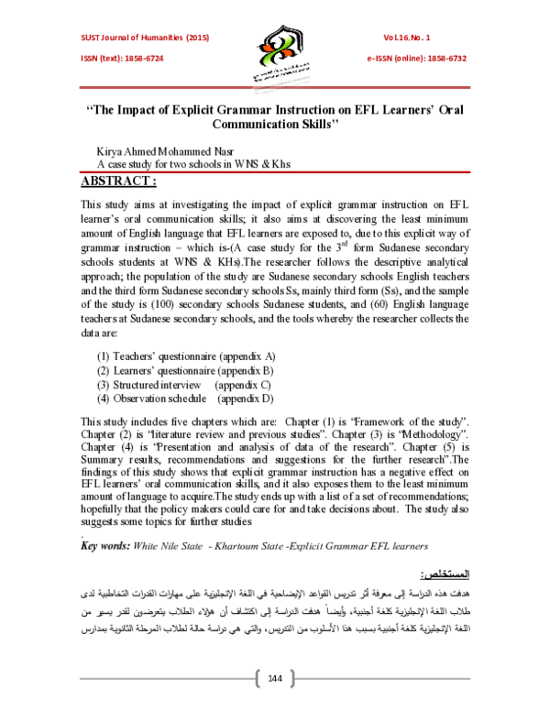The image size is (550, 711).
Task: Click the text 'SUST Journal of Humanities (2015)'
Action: (x=135, y=38)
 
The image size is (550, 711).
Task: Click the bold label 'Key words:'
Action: (x=106, y=545)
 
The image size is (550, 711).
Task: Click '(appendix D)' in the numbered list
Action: (x=246, y=399)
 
